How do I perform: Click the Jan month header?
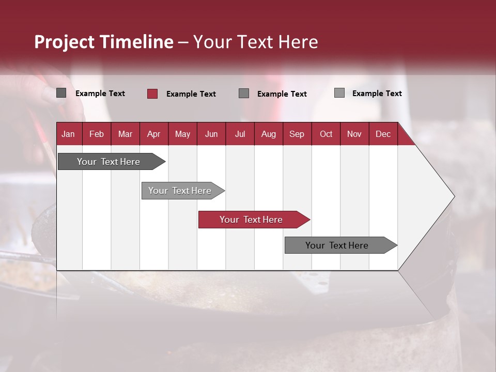[68, 134]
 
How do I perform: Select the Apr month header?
[153, 134]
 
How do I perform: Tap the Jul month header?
[240, 134]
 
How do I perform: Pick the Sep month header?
[297, 134]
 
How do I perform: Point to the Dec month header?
[383, 134]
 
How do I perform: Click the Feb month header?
[97, 134]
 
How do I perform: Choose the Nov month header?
[354, 134]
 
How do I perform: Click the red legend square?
[152, 94]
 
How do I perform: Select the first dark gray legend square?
[61, 93]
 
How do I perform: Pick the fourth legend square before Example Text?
[339, 93]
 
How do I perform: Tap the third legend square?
[244, 93]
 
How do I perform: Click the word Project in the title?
[64, 42]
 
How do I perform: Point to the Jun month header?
[211, 134]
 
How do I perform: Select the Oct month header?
[326, 134]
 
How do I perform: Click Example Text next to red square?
[191, 94]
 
